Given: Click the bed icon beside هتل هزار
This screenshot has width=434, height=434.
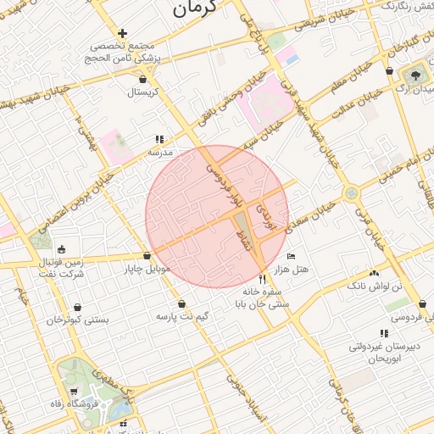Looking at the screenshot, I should pyautogui.click(x=292, y=256).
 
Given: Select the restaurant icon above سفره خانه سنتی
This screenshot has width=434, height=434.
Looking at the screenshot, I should pyautogui.click(x=262, y=278).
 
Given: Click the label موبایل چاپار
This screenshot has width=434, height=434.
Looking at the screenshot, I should pyautogui.click(x=148, y=269).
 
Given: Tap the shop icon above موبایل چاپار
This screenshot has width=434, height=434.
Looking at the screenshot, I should pyautogui.click(x=147, y=255).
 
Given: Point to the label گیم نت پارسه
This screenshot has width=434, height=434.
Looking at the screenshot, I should pyautogui.click(x=182, y=316).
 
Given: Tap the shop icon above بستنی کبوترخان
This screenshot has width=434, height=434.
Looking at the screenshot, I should pyautogui.click(x=78, y=308).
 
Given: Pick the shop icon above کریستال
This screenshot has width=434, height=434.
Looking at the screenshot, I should pyautogui.click(x=142, y=79).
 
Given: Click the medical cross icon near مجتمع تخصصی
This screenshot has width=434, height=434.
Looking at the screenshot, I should pyautogui.click(x=123, y=33).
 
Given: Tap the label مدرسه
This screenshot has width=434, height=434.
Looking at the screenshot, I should pyautogui.click(x=161, y=153).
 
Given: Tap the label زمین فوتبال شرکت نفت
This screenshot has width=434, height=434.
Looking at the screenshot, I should pyautogui.click(x=63, y=269).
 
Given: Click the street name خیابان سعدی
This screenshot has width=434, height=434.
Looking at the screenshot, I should pyautogui.click(x=318, y=213).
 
